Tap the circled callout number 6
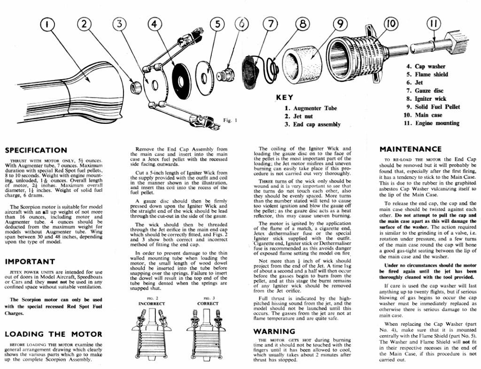(x=243, y=24)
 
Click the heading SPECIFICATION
(x=36, y=150)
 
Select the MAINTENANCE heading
(x=411, y=149)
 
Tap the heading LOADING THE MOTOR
(x=53, y=334)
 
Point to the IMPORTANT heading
(x=30, y=261)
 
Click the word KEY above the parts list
(x=285, y=98)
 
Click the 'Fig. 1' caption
(x=230, y=120)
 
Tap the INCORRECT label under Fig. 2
(x=151, y=303)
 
